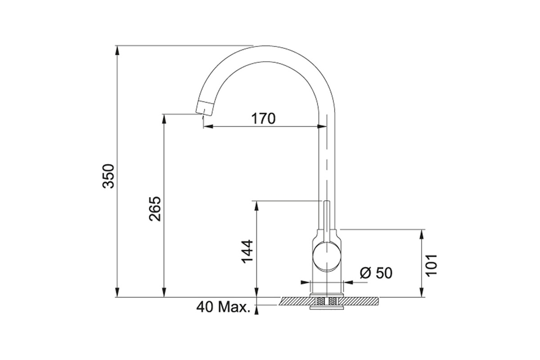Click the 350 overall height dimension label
click(x=108, y=176)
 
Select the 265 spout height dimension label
click(x=155, y=209)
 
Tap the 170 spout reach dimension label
click(x=263, y=118)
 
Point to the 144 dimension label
click(x=247, y=252)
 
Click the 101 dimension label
click(x=431, y=265)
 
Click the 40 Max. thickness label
click(x=224, y=307)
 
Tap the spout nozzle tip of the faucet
click(x=204, y=108)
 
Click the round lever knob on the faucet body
click(x=327, y=256)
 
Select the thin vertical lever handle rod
click(x=327, y=221)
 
